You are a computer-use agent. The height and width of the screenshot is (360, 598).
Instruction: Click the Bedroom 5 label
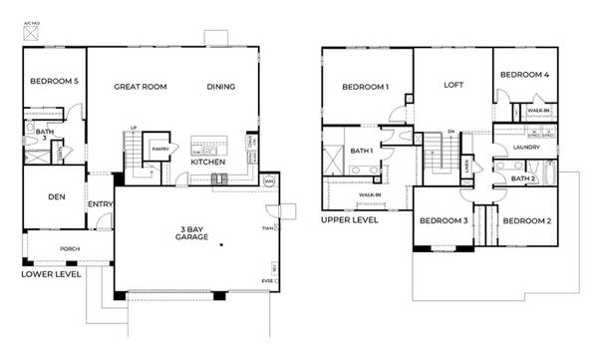(53, 82)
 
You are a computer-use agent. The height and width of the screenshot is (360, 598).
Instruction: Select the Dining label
(220, 87)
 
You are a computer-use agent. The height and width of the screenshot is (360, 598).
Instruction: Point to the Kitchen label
(207, 162)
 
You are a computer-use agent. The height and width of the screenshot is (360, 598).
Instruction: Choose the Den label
(56, 196)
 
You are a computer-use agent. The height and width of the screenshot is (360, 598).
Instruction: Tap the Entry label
(100, 205)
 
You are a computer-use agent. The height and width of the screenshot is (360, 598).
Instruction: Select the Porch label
(69, 248)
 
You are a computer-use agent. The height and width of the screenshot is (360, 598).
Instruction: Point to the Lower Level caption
(50, 272)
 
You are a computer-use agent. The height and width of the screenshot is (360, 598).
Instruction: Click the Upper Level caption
(350, 219)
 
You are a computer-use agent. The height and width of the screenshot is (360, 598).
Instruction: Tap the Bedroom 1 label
(365, 87)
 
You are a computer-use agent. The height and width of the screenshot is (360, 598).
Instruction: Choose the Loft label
(453, 85)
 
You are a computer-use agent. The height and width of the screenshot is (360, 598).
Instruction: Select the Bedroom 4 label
(523, 75)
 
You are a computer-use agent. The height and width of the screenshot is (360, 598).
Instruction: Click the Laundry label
(525, 148)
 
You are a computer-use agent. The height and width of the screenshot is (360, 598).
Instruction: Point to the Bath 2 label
(523, 179)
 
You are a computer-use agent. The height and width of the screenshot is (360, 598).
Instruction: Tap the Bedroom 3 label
(444, 220)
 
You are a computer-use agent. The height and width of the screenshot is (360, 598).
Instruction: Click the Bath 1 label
(362, 151)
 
